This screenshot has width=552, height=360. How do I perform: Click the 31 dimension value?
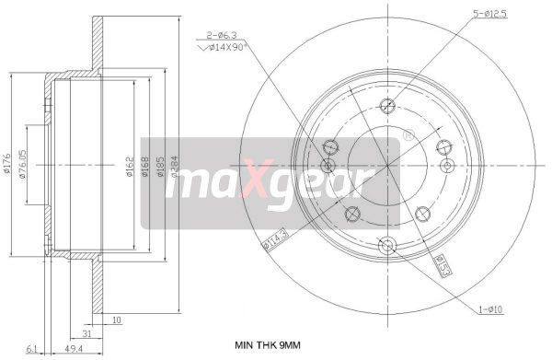pyautogui.click(x=86, y=333)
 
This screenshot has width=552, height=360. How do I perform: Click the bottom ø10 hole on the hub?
pyautogui.click(x=386, y=245)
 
